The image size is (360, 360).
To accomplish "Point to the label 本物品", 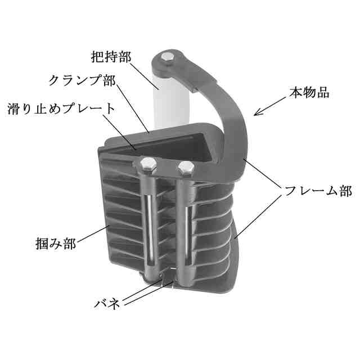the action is click(309, 91).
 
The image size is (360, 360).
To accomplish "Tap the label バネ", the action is click(106, 304).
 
